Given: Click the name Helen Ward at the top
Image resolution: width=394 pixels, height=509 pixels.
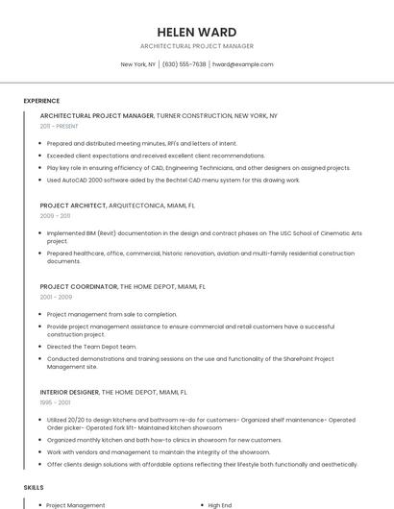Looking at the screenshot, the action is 196,32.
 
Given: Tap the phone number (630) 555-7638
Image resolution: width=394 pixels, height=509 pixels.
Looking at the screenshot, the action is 184,64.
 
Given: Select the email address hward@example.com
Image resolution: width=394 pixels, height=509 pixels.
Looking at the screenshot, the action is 243,64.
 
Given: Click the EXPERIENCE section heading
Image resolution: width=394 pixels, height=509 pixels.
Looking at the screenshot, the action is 41,101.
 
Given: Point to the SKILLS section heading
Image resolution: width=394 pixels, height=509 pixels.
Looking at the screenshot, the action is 34,487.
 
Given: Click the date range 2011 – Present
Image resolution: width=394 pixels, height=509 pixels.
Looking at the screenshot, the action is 59,126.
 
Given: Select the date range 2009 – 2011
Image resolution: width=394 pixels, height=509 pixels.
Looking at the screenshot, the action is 55,216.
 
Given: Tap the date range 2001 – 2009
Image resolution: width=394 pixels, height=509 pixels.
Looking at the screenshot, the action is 56,297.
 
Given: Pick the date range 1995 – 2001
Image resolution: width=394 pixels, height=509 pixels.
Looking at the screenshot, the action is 55,403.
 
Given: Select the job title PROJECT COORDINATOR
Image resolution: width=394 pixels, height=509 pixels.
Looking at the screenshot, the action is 79,286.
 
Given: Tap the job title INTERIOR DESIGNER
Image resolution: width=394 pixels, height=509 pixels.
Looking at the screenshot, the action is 69,393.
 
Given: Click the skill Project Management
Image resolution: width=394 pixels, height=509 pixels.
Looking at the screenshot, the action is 76,505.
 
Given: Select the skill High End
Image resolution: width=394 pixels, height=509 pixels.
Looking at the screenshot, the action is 220,505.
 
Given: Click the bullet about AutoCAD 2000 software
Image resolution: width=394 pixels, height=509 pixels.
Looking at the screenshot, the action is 173,180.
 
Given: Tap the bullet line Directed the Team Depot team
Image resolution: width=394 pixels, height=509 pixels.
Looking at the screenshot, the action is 91,346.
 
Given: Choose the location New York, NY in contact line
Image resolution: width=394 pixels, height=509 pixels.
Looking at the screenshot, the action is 137,64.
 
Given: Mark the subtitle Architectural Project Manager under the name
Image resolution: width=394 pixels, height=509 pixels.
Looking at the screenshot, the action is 196,46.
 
